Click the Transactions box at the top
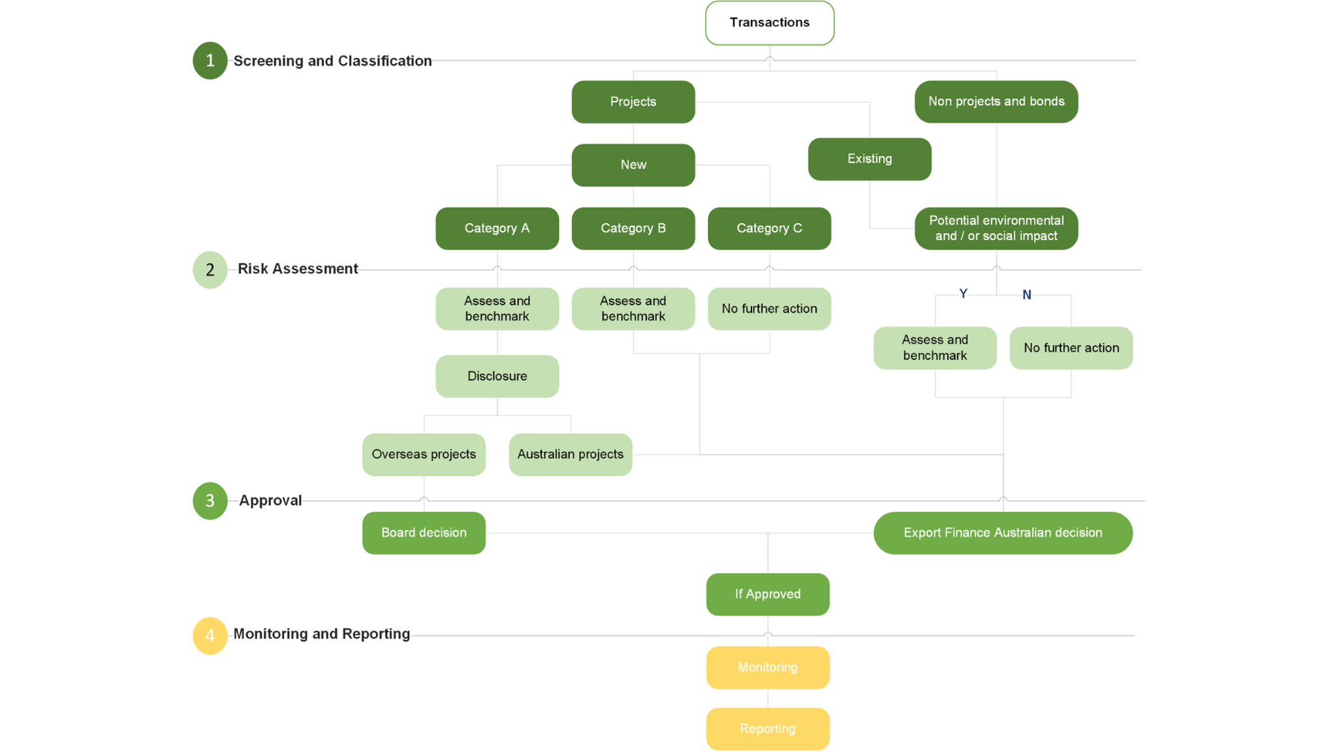pos(769,23)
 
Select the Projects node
pos(633,102)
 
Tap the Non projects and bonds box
pos(996,102)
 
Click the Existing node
pos(869,159)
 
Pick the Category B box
pos(633,228)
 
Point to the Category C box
pos(769,228)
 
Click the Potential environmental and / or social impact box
pos(996,228)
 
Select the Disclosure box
pos(497,376)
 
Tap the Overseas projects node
pos(424,454)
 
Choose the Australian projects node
pos(570,454)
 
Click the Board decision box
pos(424,533)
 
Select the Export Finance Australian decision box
pos(1002,533)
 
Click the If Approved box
pos(767,594)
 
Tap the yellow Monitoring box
pos(767,667)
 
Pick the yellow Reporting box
pos(767,728)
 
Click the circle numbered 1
pos(210,61)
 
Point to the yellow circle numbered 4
pos(210,635)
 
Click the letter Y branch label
pos(963,294)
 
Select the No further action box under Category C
pos(769,309)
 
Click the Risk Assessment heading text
pos(298,269)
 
